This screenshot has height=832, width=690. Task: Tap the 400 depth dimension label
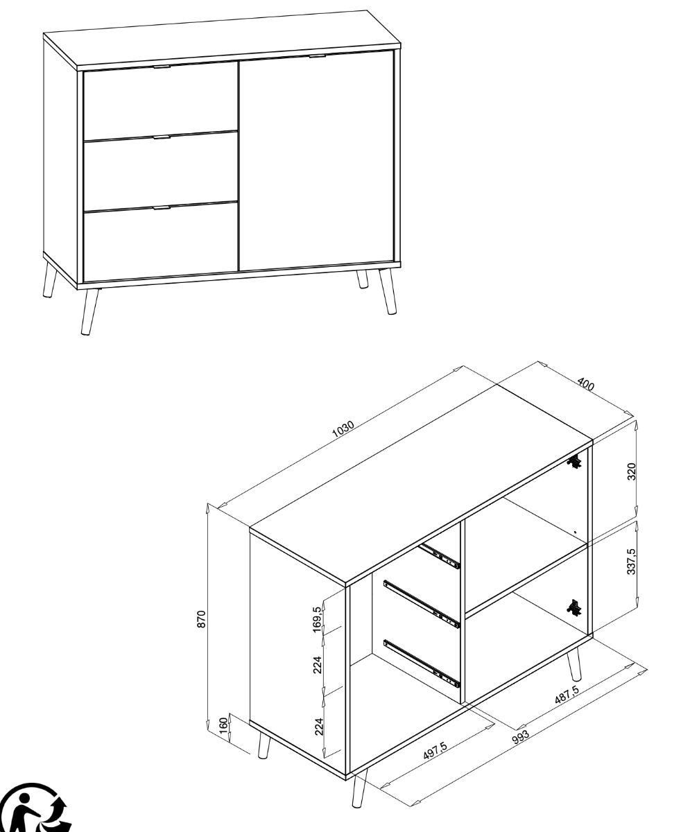586,385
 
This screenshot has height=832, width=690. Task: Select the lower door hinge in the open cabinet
574,607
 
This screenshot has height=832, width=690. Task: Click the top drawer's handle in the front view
161,67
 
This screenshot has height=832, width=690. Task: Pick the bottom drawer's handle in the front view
161,207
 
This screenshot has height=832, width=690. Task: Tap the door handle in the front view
317,56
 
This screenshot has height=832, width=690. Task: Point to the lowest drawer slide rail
422,661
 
